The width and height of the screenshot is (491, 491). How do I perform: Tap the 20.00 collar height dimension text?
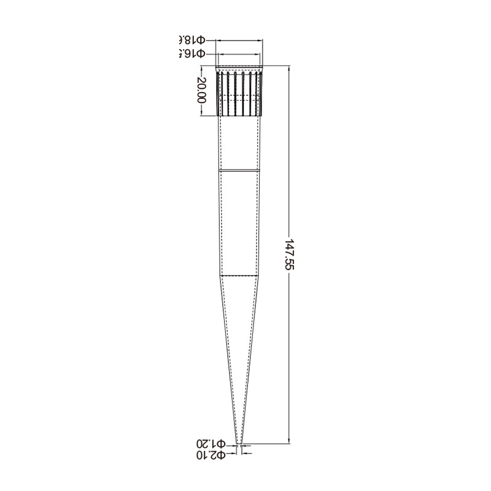coord(201,91)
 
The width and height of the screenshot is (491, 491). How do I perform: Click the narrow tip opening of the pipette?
coord(240,443)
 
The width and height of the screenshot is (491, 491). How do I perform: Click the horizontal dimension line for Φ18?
coord(240,41)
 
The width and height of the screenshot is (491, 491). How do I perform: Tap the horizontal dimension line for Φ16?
coord(240,54)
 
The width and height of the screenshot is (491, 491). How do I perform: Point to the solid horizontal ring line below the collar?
coord(240,170)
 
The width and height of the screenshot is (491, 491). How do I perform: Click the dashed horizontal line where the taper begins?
coord(240,276)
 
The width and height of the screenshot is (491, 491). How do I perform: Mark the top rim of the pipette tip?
coord(240,67)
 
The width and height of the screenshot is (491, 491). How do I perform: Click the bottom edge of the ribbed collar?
coord(240,115)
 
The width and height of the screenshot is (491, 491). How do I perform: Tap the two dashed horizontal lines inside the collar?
coord(240,97)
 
